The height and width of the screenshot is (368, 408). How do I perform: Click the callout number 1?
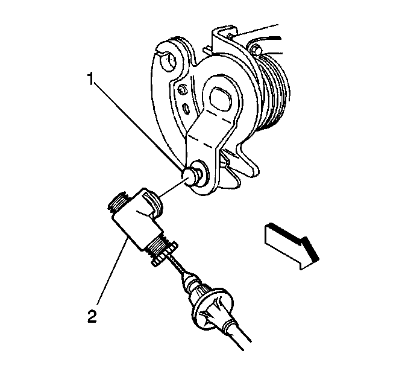(x=90, y=79)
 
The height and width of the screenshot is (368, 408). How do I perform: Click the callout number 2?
(x=92, y=316)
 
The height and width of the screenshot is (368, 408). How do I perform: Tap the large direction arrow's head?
(x=309, y=253)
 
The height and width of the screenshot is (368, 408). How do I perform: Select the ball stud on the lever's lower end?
(x=190, y=176)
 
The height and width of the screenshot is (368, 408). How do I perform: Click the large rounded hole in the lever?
(x=221, y=99)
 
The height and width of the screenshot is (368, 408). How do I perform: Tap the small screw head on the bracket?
(x=181, y=90)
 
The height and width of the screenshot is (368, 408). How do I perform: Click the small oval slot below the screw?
(x=186, y=107)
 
